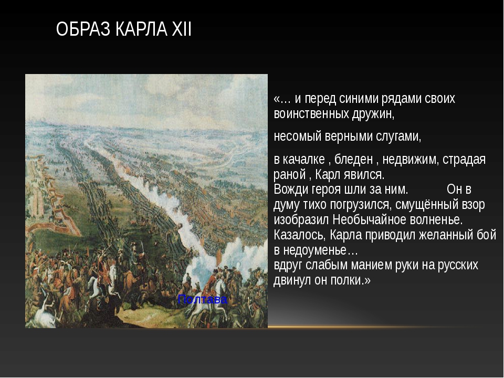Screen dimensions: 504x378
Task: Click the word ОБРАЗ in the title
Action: tap(83, 29)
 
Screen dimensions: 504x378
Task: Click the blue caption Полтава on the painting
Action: tap(203, 300)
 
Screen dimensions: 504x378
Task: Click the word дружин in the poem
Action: tap(373, 114)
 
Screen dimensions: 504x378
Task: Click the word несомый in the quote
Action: tap(298, 136)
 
